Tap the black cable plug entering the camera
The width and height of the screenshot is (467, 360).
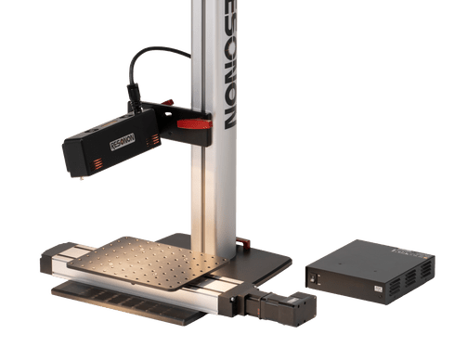(x=132, y=94)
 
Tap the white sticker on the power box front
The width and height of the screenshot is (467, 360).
(x=379, y=290)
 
